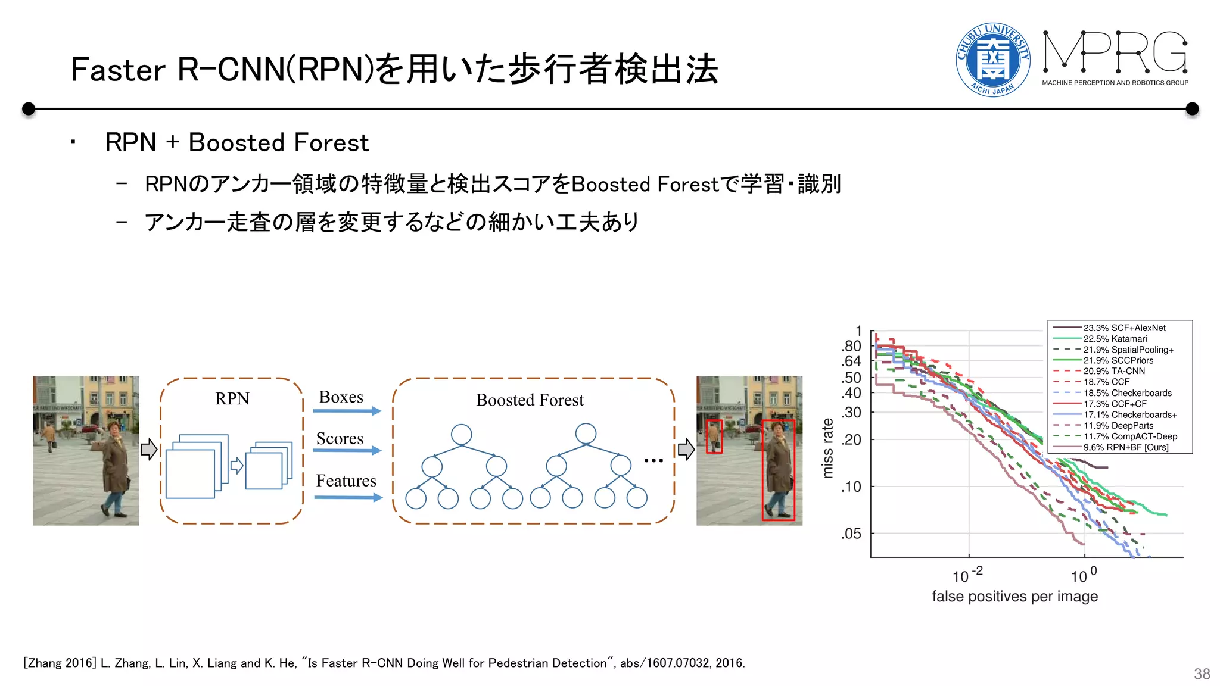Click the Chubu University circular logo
pyautogui.click(x=992, y=60)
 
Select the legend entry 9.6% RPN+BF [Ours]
pyautogui.click(x=1125, y=447)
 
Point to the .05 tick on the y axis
pyautogui.click(x=851, y=534)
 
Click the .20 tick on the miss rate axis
pyautogui.click(x=851, y=440)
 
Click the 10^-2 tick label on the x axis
pyautogui.click(x=967, y=576)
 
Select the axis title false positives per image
pyautogui.click(x=1014, y=596)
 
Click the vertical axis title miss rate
pyautogui.click(x=827, y=448)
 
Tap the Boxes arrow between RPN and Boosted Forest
pyautogui.click(x=347, y=411)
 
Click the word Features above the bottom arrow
pyautogui.click(x=346, y=481)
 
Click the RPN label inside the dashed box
pyautogui.click(x=232, y=398)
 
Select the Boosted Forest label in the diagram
pyautogui.click(x=530, y=400)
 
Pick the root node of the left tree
pyautogui.click(x=462, y=434)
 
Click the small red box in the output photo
pyautogui.click(x=714, y=436)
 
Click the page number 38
pyautogui.click(x=1202, y=674)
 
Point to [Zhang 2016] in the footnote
pyautogui.click(x=60, y=663)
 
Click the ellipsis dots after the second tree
pyautogui.click(x=653, y=460)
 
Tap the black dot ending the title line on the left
pyautogui.click(x=28, y=109)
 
